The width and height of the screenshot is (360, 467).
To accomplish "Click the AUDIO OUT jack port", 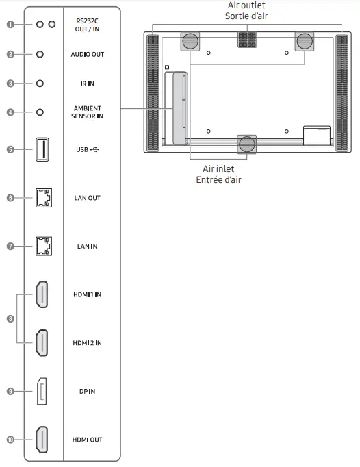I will pos(40,54).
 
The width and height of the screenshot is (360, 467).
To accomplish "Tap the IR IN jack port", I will pos(40,83).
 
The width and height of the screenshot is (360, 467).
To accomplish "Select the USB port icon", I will pos(42,149).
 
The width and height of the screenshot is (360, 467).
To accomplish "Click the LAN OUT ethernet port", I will pos(42,198).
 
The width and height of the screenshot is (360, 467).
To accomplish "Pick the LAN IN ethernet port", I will pos(42,246).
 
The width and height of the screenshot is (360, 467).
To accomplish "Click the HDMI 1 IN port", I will pos(42,294).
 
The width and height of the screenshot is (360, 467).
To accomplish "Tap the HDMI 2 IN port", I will pos(42,342).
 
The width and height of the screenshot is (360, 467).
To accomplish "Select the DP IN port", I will pos(42,391).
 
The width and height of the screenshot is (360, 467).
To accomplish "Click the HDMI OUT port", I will pos(42,439).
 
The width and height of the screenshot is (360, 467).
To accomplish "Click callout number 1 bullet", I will pos(10,25).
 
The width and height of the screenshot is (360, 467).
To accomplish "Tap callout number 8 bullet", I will pos(10,318).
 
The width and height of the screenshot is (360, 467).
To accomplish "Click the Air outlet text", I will pos(247,5).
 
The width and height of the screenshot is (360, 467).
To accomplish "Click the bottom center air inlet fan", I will pos(247,143).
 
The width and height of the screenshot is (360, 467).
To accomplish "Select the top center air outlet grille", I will pos(247,40).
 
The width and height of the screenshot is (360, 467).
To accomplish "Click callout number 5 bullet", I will pos(10,149).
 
